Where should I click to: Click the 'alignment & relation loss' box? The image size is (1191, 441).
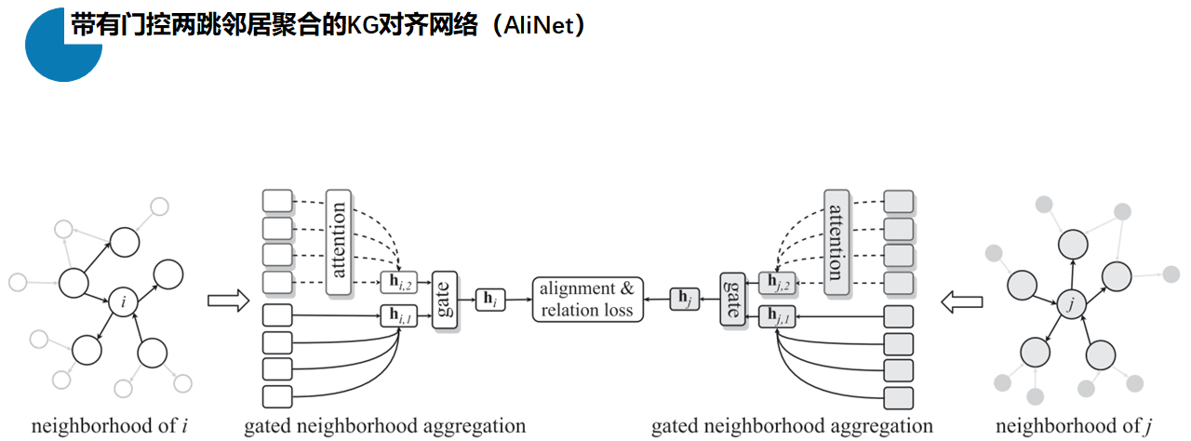[x=588, y=300]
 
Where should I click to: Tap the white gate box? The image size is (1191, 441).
[x=446, y=300]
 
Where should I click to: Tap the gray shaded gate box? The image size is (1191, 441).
[x=732, y=300]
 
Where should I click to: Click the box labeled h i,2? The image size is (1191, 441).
[x=397, y=281]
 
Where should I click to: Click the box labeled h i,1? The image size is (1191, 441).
[x=397, y=315]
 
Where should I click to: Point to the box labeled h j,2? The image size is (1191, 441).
[x=778, y=281]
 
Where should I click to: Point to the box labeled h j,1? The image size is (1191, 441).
[x=778, y=315]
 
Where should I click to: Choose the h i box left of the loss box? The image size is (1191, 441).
[x=490, y=300]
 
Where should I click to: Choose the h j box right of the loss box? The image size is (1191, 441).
[x=684, y=300]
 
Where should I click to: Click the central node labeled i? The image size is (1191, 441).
[x=123, y=301]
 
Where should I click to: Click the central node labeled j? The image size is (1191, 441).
[x=1071, y=301]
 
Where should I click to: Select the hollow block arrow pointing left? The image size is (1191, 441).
[x=961, y=301]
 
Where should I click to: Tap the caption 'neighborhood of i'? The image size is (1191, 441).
[x=110, y=426]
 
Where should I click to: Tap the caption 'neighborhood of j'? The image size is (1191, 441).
[x=1072, y=426]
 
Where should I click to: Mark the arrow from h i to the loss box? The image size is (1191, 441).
[x=518, y=300]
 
